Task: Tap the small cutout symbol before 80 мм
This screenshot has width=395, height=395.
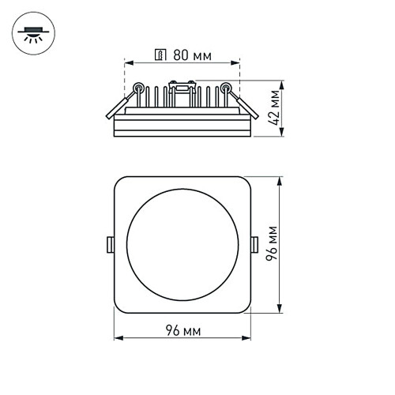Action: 159,55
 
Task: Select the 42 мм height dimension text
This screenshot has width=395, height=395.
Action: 274,109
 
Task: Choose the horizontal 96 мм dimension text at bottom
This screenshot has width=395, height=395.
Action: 182,330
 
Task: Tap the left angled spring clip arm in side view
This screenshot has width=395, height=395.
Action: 119,106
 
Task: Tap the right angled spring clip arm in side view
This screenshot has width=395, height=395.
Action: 246,106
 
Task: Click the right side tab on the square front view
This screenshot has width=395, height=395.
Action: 254,244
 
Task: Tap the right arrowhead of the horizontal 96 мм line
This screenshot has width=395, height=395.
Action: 247,338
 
